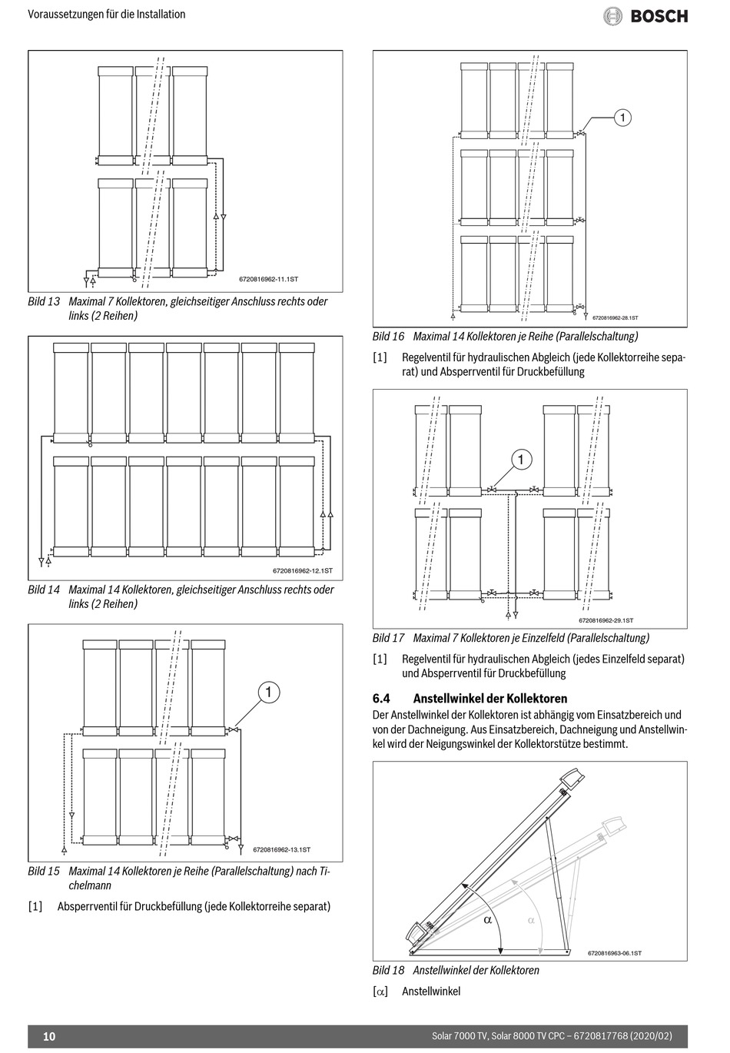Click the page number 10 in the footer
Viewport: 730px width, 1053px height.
(49, 1036)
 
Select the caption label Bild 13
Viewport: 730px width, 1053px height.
(44, 301)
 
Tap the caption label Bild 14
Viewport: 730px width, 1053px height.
(44, 590)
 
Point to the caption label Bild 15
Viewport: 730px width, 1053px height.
(44, 871)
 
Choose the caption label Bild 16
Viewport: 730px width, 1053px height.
(388, 336)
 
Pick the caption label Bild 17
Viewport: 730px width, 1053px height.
(388, 637)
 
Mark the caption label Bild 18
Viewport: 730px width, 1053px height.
(388, 970)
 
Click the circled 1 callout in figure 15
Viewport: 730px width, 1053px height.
(268, 693)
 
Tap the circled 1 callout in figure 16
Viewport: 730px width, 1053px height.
(622, 118)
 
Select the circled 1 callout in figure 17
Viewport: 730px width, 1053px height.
(521, 460)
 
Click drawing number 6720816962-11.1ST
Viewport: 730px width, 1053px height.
(268, 279)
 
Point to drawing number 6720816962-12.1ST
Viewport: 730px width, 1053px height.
(303, 570)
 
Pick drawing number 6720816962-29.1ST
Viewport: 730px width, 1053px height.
(606, 620)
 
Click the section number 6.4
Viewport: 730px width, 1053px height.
(382, 699)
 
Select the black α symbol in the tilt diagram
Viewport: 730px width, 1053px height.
(487, 920)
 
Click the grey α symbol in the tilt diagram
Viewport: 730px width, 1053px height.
(530, 920)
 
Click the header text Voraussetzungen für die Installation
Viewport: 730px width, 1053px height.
(106, 14)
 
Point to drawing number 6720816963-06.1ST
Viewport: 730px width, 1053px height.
(614, 953)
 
